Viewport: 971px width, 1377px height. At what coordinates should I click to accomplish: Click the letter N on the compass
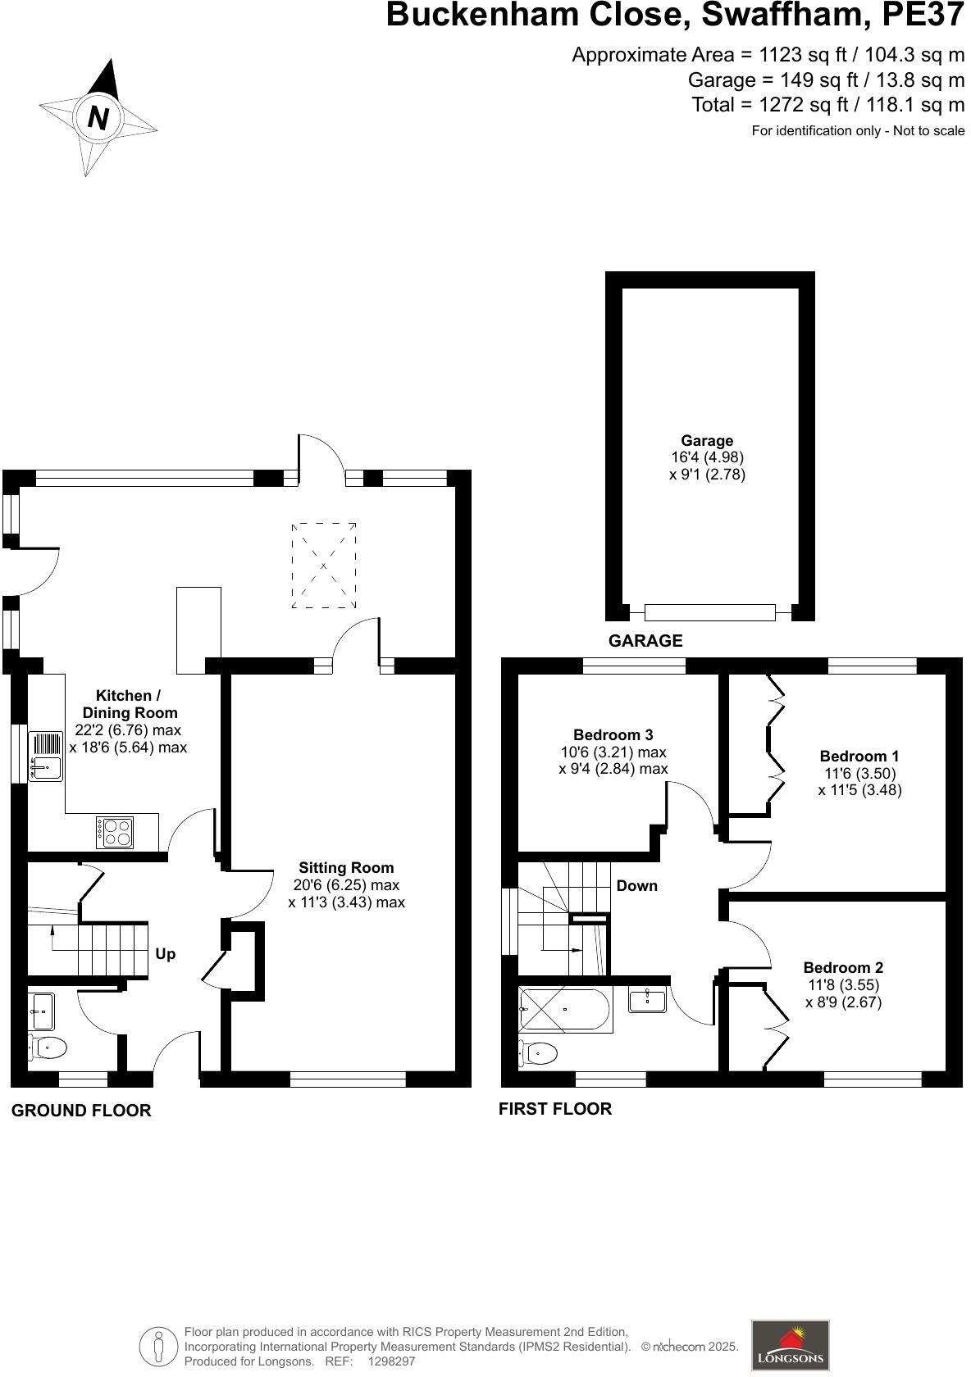point(98,118)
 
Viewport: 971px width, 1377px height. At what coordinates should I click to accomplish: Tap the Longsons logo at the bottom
point(790,1344)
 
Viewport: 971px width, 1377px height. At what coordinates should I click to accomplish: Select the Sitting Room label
point(346,867)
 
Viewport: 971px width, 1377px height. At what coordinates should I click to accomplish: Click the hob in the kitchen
point(115,833)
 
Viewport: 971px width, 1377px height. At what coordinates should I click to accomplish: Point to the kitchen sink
point(46,756)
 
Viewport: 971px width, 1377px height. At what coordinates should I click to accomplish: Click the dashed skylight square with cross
point(324,566)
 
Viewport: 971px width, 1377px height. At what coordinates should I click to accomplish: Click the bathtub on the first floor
point(565,1010)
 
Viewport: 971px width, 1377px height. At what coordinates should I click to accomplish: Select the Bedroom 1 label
point(859,756)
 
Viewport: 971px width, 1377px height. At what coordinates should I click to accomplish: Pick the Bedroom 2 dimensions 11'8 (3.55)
point(843,985)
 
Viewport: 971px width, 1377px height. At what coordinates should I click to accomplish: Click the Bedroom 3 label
point(613,734)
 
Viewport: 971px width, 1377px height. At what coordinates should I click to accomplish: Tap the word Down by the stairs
point(636,885)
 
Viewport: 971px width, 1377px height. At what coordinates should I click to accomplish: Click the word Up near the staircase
point(165,954)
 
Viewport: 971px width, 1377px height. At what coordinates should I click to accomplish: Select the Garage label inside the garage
point(707,440)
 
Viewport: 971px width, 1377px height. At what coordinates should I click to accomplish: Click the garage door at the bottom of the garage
point(709,611)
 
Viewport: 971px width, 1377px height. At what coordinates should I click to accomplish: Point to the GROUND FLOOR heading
point(81,1111)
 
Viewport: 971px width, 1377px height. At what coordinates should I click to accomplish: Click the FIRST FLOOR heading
point(555,1109)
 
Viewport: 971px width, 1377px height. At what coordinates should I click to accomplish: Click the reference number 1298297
point(391,1361)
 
